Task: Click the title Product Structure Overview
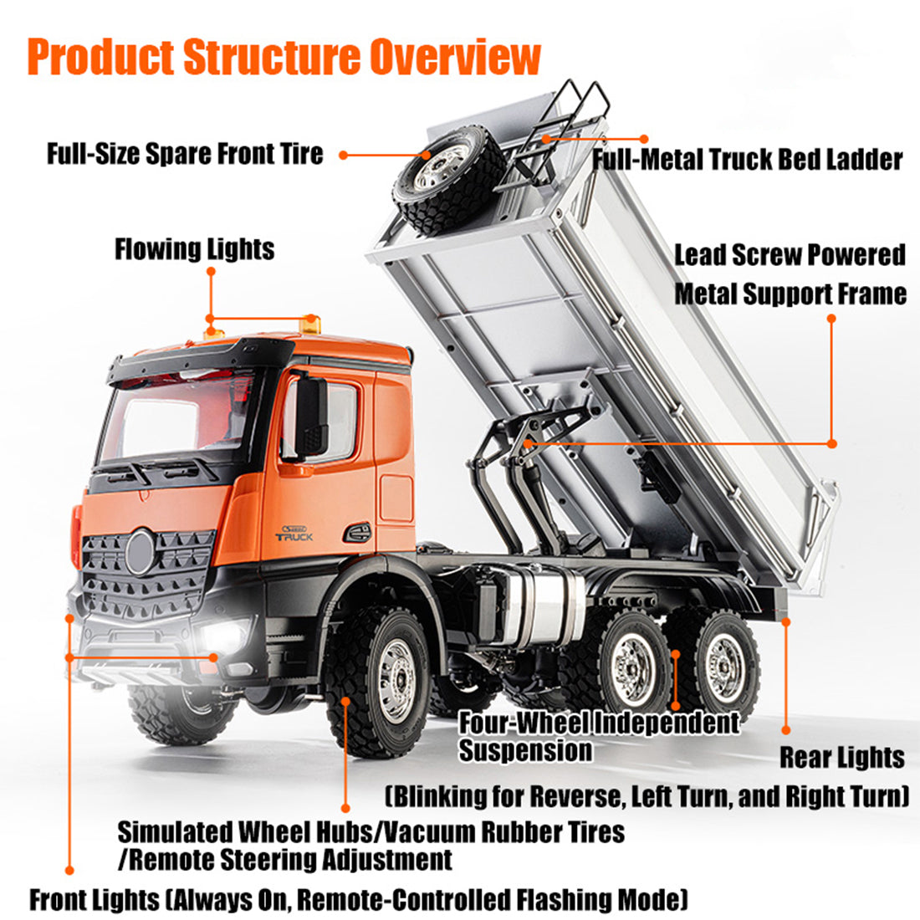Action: coord(284,57)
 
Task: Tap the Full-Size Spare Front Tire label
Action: coord(185,154)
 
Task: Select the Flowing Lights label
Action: coord(194,249)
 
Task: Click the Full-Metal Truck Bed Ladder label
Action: coord(747,159)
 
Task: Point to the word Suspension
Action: coord(525,750)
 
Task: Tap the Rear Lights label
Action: coord(842,758)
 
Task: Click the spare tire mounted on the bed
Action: coord(447,177)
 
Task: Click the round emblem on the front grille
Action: coord(140,552)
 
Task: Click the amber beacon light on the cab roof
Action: coord(310,322)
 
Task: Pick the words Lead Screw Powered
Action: coord(790,254)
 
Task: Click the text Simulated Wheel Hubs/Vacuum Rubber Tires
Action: coord(371,832)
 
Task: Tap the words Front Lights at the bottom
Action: coord(94,900)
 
